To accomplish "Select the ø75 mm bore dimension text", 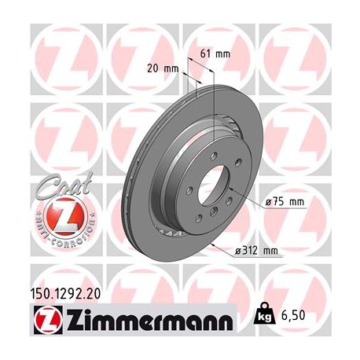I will pos(285,202).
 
